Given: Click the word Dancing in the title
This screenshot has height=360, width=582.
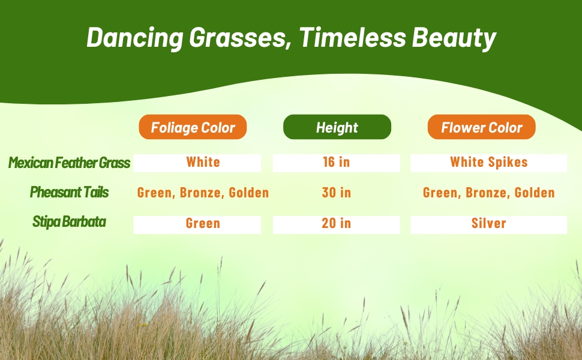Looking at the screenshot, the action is (x=135, y=38).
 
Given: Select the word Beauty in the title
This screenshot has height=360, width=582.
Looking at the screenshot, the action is (x=454, y=38).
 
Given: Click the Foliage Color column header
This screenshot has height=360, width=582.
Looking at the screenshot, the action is (x=193, y=127).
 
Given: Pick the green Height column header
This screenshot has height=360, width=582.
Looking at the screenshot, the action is (x=337, y=127).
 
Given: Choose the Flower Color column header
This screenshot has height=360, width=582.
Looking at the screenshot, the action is (x=481, y=127).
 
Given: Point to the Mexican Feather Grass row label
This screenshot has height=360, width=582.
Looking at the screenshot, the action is (x=70, y=163).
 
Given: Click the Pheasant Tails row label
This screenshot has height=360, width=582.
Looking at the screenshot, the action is (x=70, y=192).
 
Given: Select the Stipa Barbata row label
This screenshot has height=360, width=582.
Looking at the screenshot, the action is (x=70, y=221).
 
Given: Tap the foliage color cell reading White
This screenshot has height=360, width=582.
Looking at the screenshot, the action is (x=197, y=163).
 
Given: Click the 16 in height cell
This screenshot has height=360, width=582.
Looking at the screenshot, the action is (x=336, y=163).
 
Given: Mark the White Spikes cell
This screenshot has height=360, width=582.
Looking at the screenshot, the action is (x=489, y=163).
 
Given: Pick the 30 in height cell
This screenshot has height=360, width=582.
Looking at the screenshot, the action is (x=336, y=193).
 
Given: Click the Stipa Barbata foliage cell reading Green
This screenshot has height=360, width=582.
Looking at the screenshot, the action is (x=197, y=224).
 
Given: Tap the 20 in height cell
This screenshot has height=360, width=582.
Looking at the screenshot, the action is (x=336, y=224).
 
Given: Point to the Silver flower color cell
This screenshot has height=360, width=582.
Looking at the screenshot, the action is (x=489, y=224).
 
